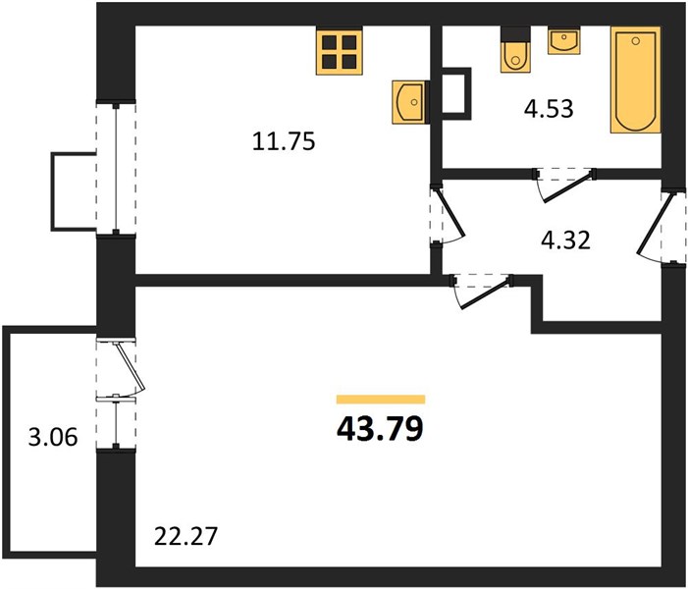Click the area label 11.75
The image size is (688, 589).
coord(284,141)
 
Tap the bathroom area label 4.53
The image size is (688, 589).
coord(549,108)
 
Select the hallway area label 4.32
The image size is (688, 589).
coord(565,241)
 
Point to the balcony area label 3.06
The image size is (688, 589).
coord(53,437)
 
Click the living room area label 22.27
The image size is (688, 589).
coord(186,536)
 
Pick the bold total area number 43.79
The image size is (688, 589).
coord(380,429)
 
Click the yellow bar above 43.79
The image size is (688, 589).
coord(381,399)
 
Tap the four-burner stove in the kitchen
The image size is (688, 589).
coord(340,50)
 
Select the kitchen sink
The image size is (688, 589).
coord(409,102)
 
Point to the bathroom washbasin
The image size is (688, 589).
coord(563,40)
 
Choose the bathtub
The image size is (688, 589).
coord(636,80)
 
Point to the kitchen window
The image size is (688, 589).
coord(116,169)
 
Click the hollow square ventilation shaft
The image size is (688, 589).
coord(456,93)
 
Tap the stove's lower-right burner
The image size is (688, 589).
coord(349,62)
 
